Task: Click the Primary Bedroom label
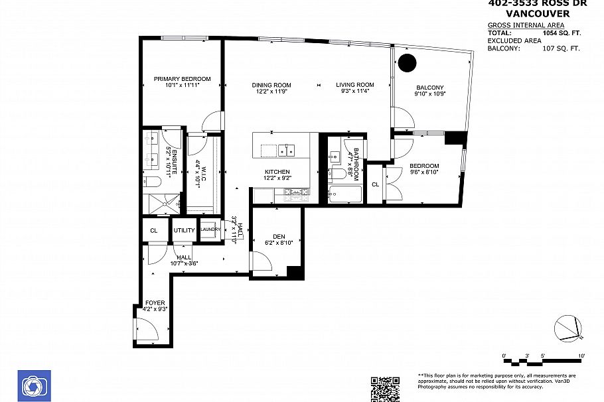[182, 79]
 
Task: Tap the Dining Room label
[271, 85]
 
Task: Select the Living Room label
[354, 85]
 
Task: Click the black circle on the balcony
[407, 63]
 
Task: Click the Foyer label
[155, 302]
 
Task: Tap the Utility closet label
[184, 231]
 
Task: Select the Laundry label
[210, 230]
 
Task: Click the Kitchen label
[277, 172]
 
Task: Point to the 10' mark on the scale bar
[581, 356]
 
